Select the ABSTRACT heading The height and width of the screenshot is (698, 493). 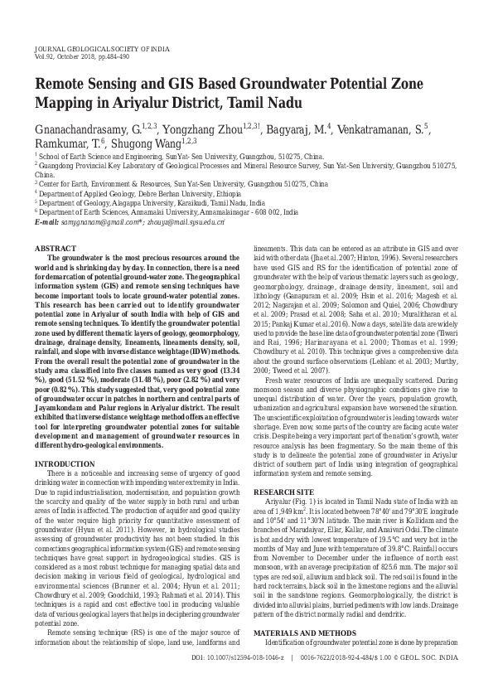pyautogui.click(x=55, y=249)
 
